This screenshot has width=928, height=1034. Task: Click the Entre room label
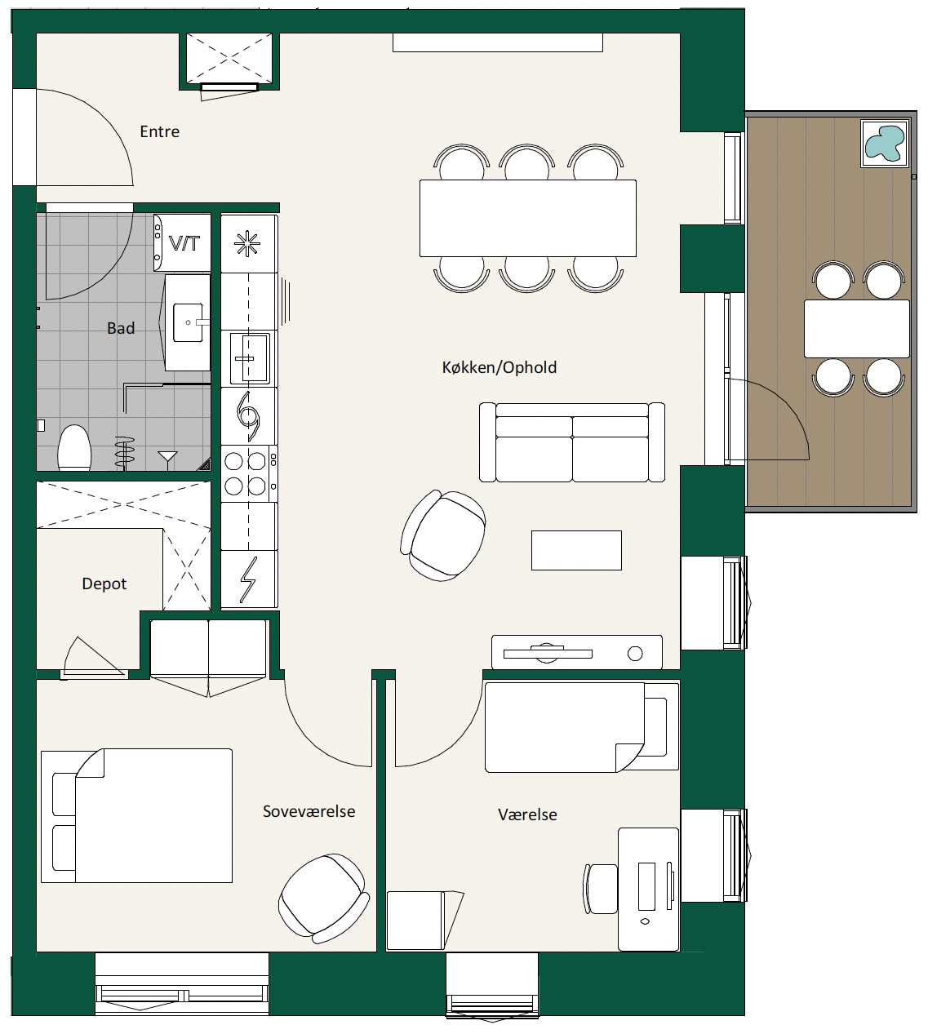[159, 131]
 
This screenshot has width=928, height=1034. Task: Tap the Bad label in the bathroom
[121, 328]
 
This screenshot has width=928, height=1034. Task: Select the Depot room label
[104, 584]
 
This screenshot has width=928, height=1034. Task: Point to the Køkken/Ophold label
[500, 367]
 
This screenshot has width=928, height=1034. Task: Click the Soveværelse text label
[309, 811]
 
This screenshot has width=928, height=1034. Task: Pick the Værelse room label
[527, 814]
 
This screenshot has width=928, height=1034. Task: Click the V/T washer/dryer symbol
[183, 243]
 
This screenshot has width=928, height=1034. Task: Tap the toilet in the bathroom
[74, 447]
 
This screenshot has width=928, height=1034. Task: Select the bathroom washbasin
[188, 322]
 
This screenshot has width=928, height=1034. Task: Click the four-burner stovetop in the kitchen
[250, 473]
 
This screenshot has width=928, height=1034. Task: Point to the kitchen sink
[250, 358]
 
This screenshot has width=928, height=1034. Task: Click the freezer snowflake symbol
[247, 243]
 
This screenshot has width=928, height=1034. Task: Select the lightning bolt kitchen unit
[250, 579]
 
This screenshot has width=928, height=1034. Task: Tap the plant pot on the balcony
[885, 144]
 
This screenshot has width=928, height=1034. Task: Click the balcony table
[856, 329]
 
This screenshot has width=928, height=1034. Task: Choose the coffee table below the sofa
[576, 550]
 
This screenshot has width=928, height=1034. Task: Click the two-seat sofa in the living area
[571, 442]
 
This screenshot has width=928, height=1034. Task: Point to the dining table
[528, 218]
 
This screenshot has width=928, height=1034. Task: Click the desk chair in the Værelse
[602, 889]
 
